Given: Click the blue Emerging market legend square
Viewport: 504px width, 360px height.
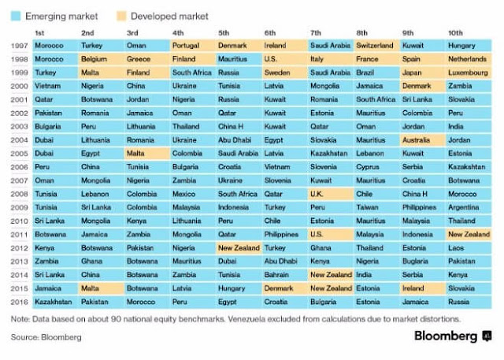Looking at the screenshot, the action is point(16,16).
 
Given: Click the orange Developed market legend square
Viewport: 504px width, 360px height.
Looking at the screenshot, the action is point(121,16).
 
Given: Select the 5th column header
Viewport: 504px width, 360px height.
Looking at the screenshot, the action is point(224,33).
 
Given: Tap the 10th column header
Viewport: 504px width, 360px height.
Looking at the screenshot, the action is point(455,33).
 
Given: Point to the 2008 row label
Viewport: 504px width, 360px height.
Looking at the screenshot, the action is point(19,194).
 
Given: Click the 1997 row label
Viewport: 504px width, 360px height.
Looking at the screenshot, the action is point(19,46).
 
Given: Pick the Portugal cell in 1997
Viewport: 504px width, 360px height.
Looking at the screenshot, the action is point(193,46).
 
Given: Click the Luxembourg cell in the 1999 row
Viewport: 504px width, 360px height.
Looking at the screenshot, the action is point(469,72).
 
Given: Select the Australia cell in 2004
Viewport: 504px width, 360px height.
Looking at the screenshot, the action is point(423,139).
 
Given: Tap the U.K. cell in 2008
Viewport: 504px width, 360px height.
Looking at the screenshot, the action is point(331,194).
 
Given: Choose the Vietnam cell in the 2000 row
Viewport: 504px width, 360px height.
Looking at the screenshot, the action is point(56,86).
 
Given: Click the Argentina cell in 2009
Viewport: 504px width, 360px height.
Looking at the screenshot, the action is point(469,207).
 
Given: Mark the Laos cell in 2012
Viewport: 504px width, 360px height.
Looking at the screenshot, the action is point(469,248).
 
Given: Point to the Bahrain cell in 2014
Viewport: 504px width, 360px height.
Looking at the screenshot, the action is point(285,275).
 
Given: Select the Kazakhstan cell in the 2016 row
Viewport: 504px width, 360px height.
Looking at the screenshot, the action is point(56,302).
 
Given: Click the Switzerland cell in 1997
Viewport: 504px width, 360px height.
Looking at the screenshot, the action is point(377,46).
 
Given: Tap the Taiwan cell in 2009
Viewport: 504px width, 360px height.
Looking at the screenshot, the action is point(377,207).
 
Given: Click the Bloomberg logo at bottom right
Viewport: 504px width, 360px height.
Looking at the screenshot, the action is point(453,336).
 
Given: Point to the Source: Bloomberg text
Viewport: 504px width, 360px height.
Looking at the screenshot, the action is point(46,337).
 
